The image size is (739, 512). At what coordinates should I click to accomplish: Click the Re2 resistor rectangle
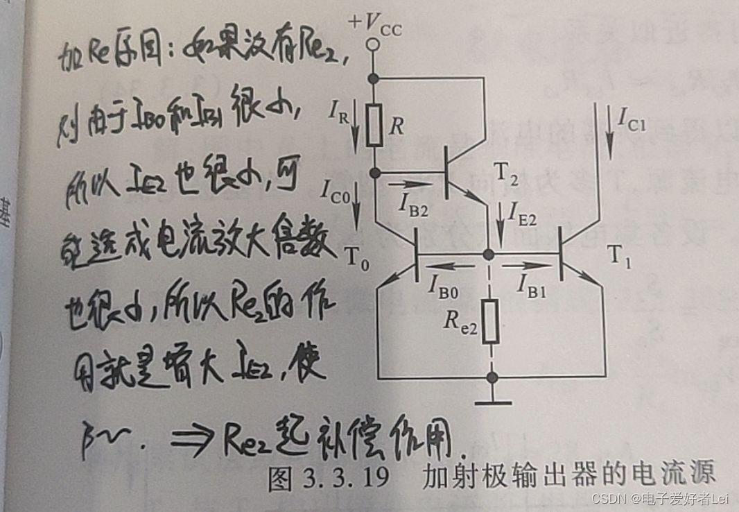pos(491,322)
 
